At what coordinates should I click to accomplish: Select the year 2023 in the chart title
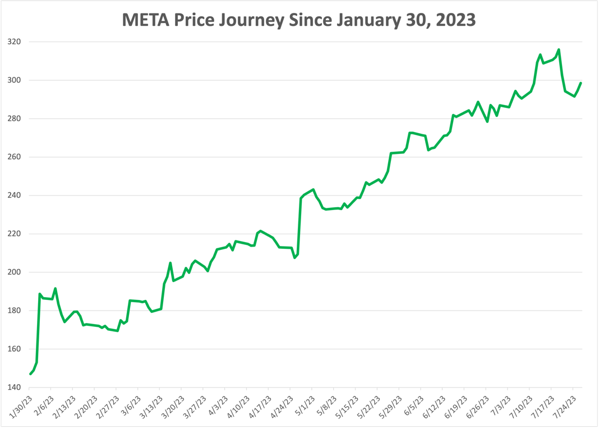pyautogui.click(x=451, y=20)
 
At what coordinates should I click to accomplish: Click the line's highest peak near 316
pyautogui.click(x=559, y=49)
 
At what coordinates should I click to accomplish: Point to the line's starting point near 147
pyautogui.click(x=30, y=374)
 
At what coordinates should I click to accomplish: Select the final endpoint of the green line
pyautogui.click(x=580, y=83)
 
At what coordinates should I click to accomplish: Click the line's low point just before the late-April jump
pyautogui.click(x=294, y=258)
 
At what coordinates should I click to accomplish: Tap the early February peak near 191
pyautogui.click(x=55, y=289)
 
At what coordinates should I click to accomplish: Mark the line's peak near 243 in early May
pyautogui.click(x=313, y=189)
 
